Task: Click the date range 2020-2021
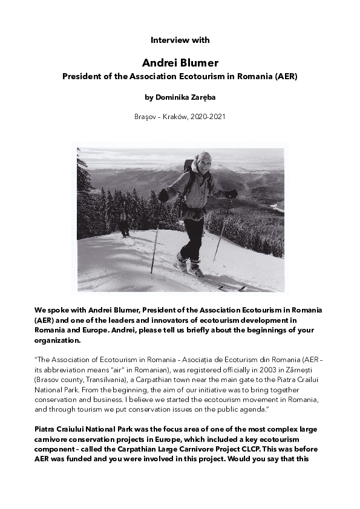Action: point(209,116)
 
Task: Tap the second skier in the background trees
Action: point(125,218)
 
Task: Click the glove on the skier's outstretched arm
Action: point(231,193)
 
